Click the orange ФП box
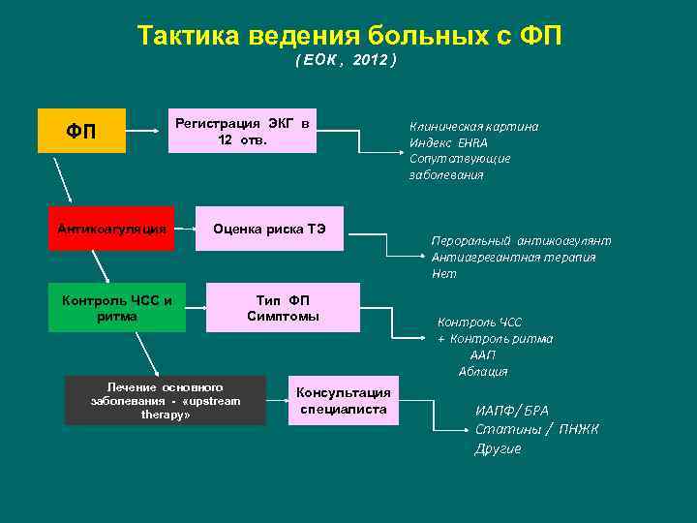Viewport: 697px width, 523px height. (81, 131)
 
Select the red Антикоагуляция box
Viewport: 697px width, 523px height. (111, 229)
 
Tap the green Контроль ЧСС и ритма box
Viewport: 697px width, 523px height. (117, 308)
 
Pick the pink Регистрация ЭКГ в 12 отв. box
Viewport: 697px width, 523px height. (242, 131)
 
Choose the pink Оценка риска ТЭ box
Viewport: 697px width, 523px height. (269, 229)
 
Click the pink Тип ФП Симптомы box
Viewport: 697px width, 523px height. (282, 308)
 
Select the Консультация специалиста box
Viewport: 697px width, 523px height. (343, 400)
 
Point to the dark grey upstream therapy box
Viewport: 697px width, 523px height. (165, 400)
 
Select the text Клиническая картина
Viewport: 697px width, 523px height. (473, 126)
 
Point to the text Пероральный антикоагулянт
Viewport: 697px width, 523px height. (521, 241)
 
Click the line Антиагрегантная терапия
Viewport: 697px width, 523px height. (513, 258)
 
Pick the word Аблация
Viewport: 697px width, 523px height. (483, 372)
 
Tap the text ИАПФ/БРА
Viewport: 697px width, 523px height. (511, 411)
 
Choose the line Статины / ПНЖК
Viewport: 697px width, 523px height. (536, 429)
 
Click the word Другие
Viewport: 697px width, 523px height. (498, 448)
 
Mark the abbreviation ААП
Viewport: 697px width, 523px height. (483, 355)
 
